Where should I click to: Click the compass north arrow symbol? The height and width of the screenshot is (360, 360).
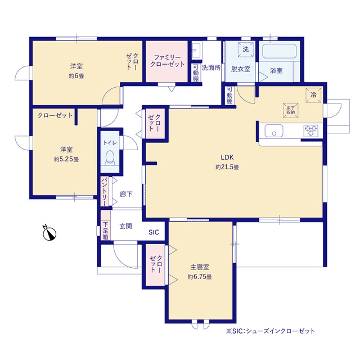point(49,233)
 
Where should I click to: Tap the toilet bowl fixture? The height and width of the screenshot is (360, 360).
point(110,157)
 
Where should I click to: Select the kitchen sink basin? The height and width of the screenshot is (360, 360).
point(274,130)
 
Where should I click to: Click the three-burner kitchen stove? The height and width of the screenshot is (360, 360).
point(311,130)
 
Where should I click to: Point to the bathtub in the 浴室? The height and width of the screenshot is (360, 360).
point(279,51)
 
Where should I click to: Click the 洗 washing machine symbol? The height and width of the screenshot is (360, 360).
point(245,49)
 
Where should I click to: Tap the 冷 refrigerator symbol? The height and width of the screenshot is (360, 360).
point(313,95)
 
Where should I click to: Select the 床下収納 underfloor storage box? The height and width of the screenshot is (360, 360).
point(291,110)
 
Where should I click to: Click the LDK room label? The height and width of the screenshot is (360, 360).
point(227,157)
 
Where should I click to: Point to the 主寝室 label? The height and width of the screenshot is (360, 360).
point(200,267)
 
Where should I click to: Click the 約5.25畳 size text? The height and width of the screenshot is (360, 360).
point(66,159)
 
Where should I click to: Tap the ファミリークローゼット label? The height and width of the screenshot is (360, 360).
point(167,61)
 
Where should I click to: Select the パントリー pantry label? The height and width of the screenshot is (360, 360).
point(105,191)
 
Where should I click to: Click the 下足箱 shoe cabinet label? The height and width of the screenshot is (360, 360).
point(105,230)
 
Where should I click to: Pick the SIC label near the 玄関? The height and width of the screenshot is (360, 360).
point(154,232)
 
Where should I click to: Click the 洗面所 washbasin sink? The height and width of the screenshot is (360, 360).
point(197,50)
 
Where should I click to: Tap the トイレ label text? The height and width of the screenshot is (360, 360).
point(110,143)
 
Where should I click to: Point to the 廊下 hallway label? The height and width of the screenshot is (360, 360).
point(126,194)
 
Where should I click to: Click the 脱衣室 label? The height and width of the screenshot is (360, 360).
point(240,69)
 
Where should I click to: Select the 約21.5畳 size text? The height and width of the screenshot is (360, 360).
point(227,167)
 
